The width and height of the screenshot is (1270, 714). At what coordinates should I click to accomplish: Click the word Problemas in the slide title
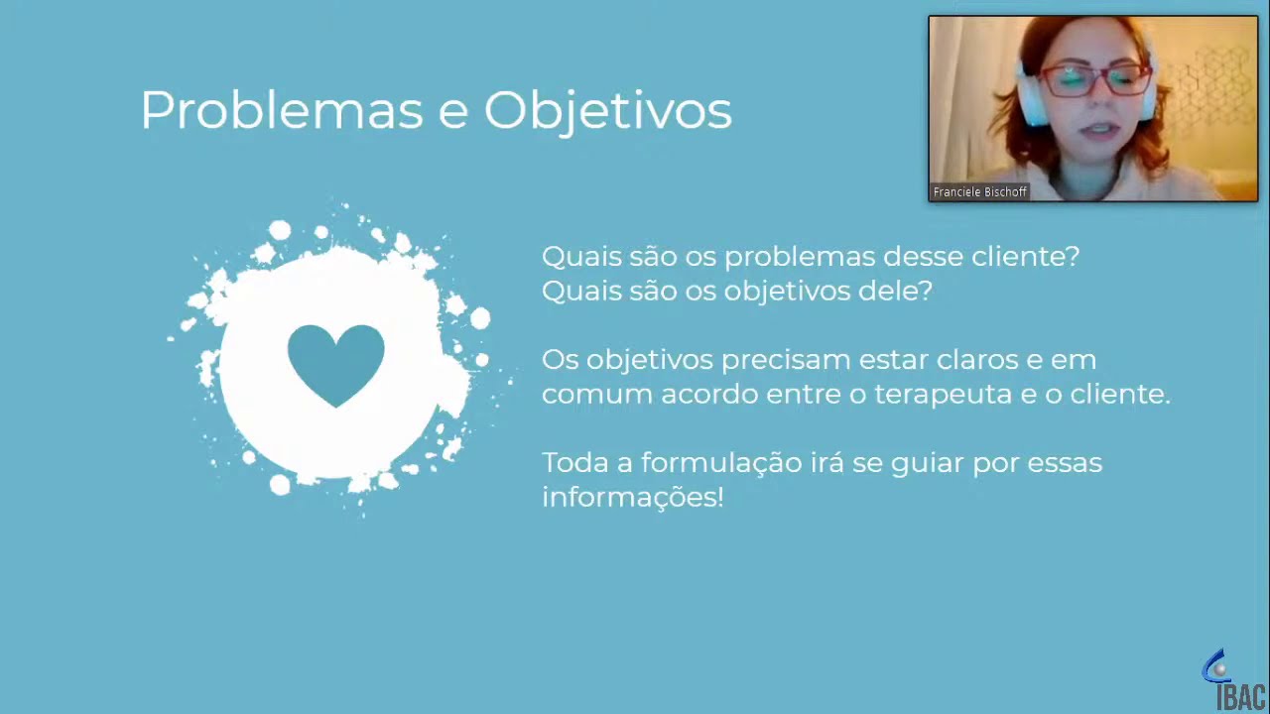coord(282,110)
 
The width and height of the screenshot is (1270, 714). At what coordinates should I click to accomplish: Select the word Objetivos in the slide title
coord(607,111)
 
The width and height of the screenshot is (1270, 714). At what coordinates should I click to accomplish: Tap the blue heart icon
coord(335,363)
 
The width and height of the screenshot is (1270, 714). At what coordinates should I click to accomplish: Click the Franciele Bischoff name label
coord(979,192)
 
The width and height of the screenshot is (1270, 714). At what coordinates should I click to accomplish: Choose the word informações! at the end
coord(632,497)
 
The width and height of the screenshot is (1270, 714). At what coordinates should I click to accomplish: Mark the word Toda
coord(573,463)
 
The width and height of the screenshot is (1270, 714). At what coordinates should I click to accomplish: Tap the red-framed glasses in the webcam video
coord(1094,79)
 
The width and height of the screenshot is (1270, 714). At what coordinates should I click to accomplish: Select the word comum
coord(596,395)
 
